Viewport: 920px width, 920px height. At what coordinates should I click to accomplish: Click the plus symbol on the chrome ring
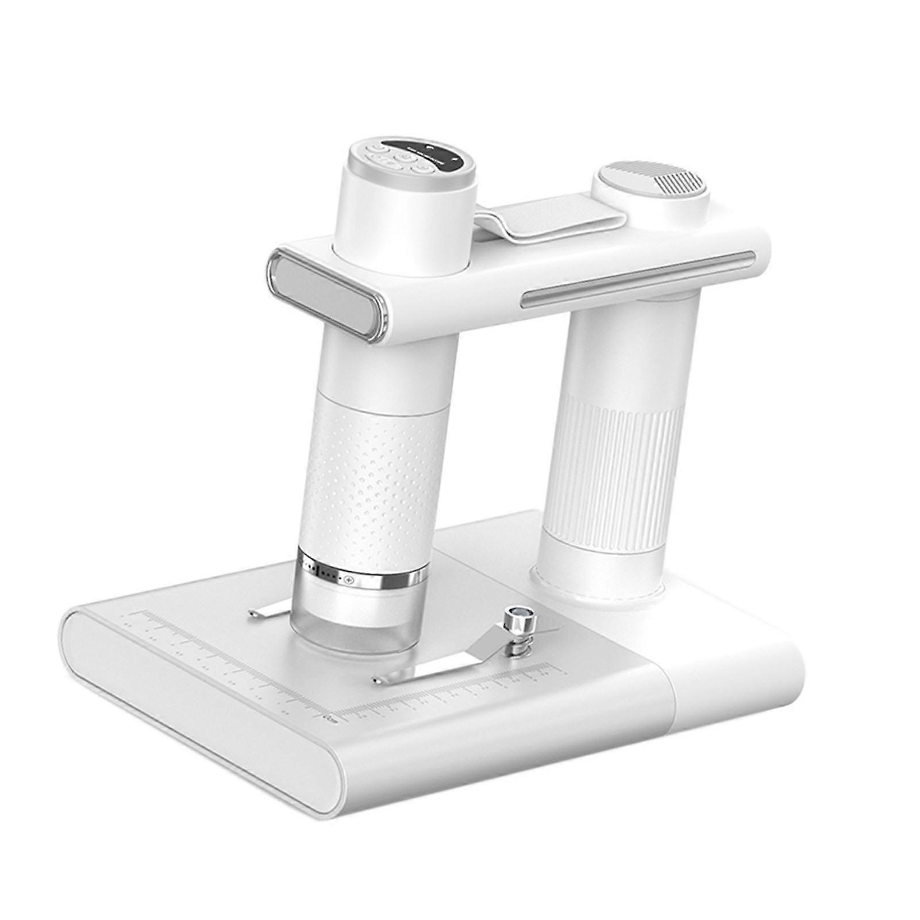(x=348, y=582)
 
